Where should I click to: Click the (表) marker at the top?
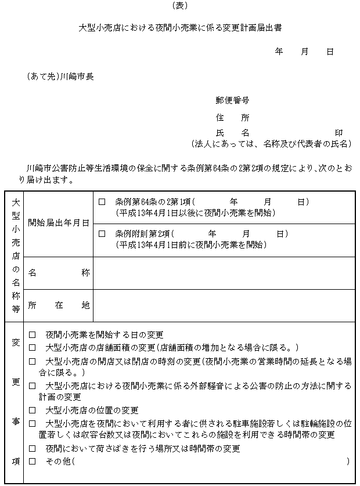tap(181, 5)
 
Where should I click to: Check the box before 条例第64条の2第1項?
tap(102, 202)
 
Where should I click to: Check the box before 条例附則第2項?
tap(102, 234)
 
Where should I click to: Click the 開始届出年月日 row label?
tap(58, 222)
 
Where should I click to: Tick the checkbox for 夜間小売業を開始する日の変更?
tap(33, 335)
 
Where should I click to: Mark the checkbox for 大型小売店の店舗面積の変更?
tap(33, 348)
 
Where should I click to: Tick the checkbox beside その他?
tap(33, 461)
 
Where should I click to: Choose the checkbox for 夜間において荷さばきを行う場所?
tap(33, 449)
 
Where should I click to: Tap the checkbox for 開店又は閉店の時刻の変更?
tap(33, 362)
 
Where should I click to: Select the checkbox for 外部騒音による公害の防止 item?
tap(33, 386)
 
